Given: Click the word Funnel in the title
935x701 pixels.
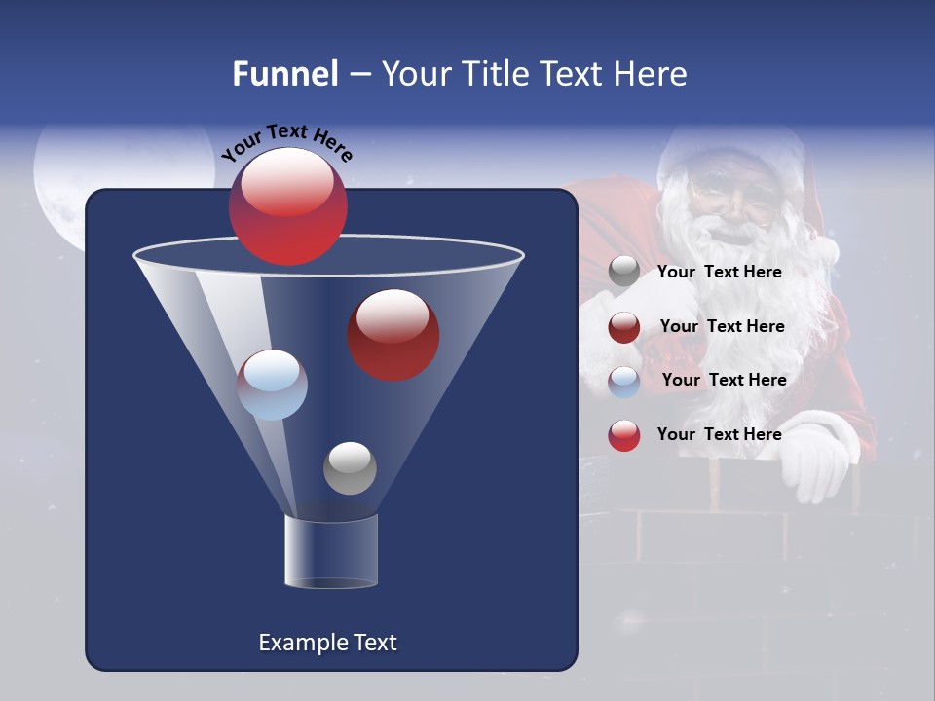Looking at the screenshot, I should pos(285,74).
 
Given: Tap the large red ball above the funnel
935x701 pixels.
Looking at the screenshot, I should pos(288,206).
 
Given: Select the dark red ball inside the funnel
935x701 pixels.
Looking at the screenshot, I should pos(393,335).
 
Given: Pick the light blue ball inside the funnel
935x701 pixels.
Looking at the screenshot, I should pos(273,385).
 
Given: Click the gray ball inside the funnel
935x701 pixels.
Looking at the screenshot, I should pos(350,468).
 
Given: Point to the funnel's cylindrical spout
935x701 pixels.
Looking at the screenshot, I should pos(331,552).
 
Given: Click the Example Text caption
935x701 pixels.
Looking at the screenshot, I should pos(328,643).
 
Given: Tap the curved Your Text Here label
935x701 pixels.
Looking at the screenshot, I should pos(287,142).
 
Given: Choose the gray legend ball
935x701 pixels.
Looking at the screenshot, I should pos(624,272).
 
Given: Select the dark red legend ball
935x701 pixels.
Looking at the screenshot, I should pos(624,327).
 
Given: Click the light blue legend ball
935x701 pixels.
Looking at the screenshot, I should pos(624,382).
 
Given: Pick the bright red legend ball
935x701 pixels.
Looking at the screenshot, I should pos(624,435).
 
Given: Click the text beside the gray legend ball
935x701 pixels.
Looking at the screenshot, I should pos(719,273).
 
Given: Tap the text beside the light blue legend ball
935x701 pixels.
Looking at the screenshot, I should pos(724,380).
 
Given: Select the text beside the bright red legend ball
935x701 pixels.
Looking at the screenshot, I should pos(719,434).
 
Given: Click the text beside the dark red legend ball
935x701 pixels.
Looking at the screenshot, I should pos(722,326).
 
